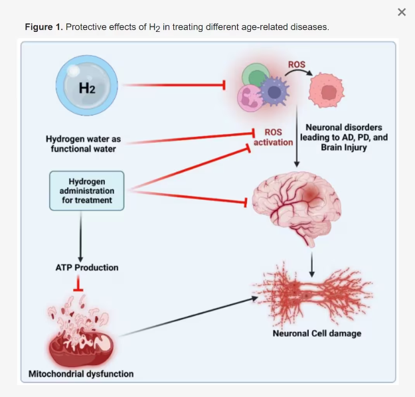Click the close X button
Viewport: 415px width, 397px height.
pyautogui.click(x=402, y=12)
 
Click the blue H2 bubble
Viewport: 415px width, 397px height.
pyautogui.click(x=87, y=86)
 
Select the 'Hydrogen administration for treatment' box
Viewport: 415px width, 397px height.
pyautogui.click(x=86, y=191)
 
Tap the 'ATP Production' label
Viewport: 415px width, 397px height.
pyautogui.click(x=86, y=268)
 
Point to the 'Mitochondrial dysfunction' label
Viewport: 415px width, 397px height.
pyautogui.click(x=81, y=374)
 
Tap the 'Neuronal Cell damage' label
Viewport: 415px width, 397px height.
pyautogui.click(x=317, y=333)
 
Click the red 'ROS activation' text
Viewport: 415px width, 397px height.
pyautogui.click(x=273, y=137)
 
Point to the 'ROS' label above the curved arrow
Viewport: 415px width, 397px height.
pyautogui.click(x=296, y=64)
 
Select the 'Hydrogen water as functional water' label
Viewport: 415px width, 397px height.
pyautogui.click(x=83, y=144)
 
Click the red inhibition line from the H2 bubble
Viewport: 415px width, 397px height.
pyautogui.click(x=173, y=85)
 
